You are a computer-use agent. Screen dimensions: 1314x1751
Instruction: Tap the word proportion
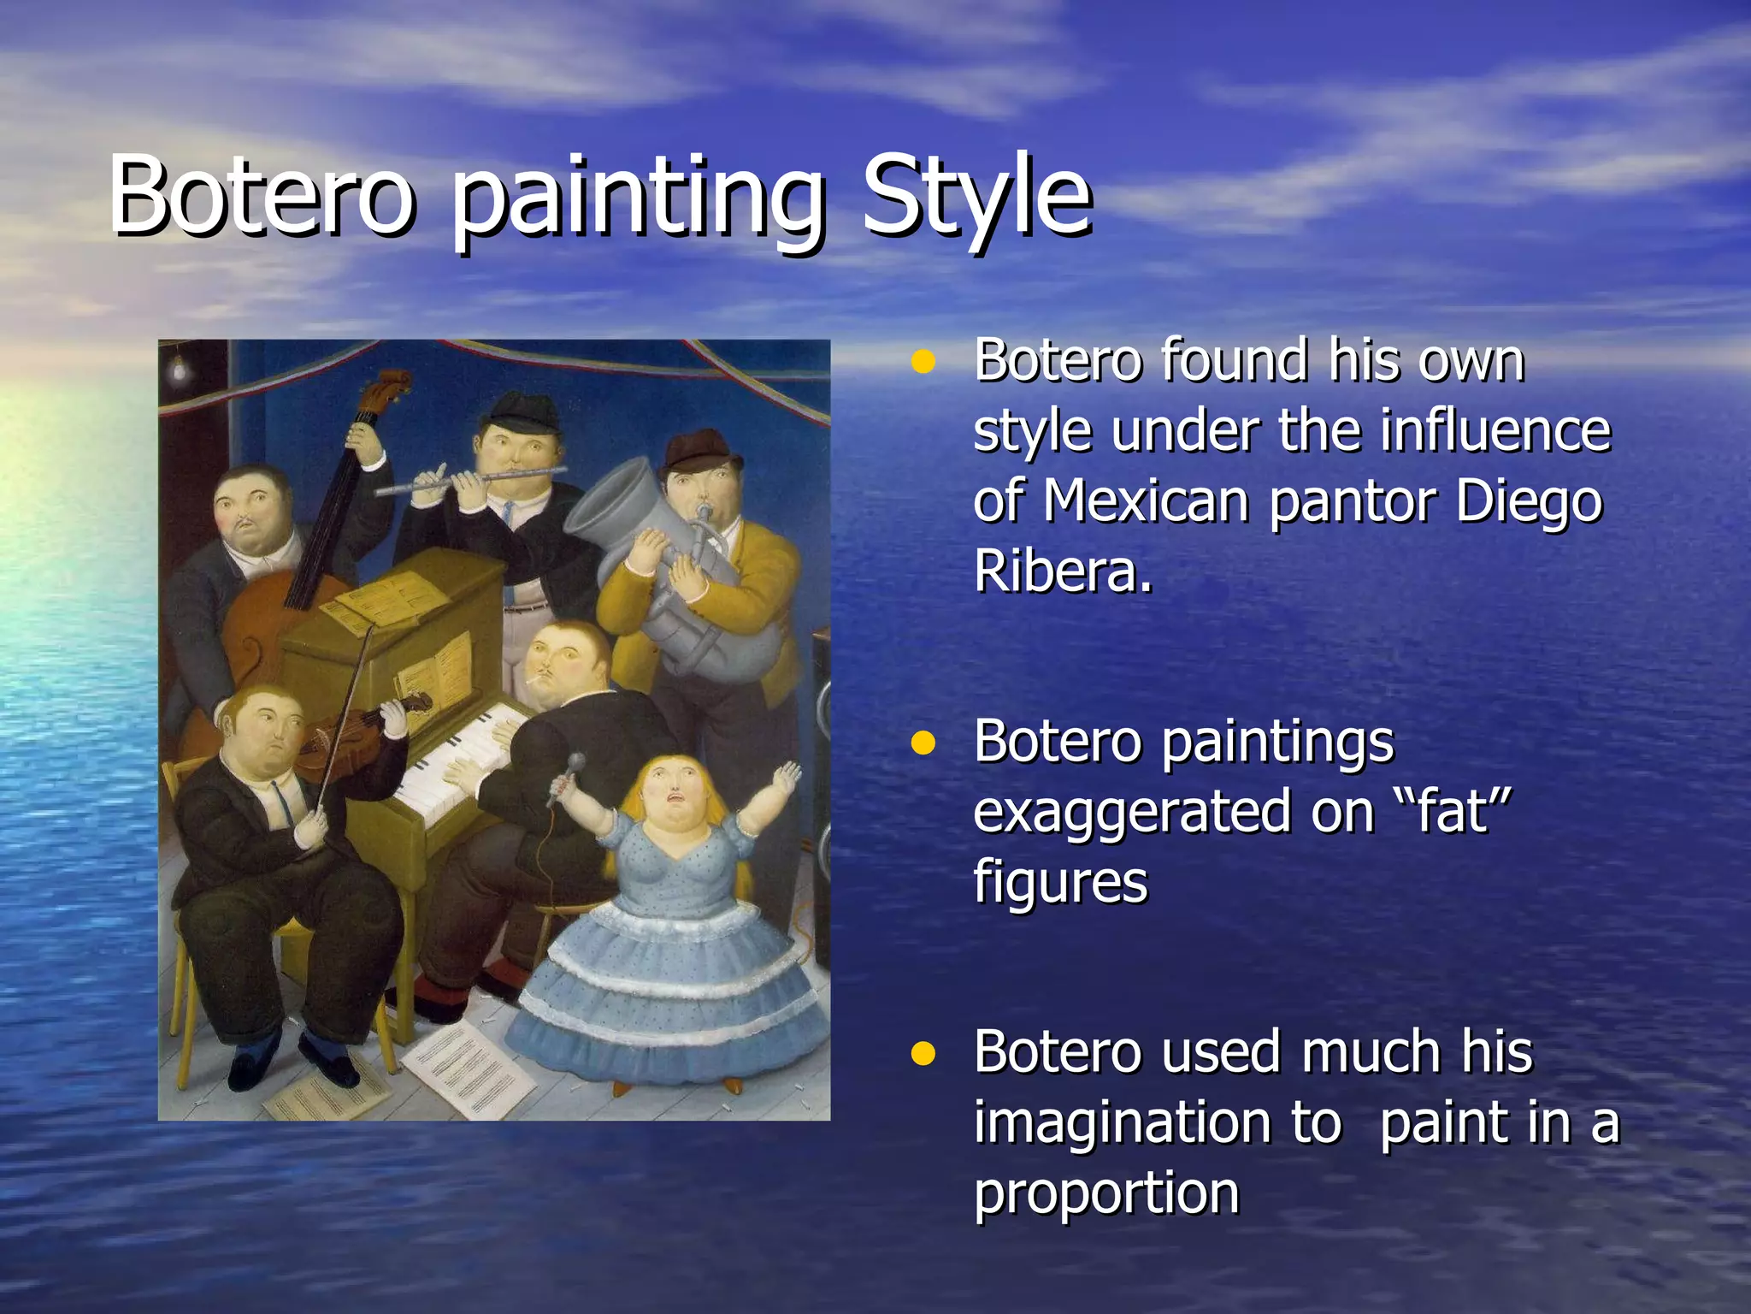point(1106,1194)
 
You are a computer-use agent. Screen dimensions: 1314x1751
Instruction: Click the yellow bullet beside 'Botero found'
point(923,362)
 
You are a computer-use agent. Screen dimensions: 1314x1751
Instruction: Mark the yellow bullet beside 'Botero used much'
point(923,1053)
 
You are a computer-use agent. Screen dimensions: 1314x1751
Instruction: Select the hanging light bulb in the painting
point(180,367)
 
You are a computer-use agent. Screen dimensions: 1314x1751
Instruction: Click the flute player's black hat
point(516,412)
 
